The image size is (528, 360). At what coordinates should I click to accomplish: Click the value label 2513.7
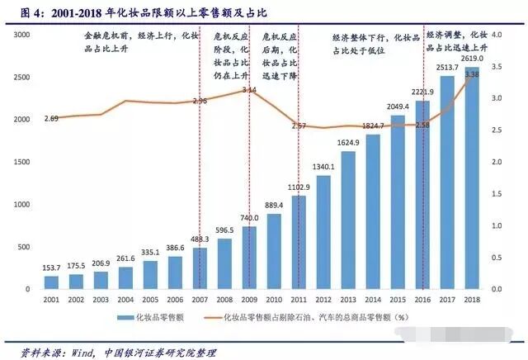click(x=449, y=68)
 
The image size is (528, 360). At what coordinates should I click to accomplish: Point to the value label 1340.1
click(x=323, y=167)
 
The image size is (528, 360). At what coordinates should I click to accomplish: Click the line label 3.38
click(x=473, y=75)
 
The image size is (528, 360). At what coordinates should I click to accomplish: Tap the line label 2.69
click(x=51, y=119)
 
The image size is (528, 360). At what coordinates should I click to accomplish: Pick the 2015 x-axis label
click(x=398, y=301)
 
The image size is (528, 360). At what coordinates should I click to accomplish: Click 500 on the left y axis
click(x=25, y=248)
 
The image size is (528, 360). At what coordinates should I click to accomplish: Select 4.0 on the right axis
click(x=497, y=35)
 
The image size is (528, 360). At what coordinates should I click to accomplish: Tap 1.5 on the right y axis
click(x=497, y=194)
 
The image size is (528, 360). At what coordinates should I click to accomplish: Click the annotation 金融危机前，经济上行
click(x=142, y=37)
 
